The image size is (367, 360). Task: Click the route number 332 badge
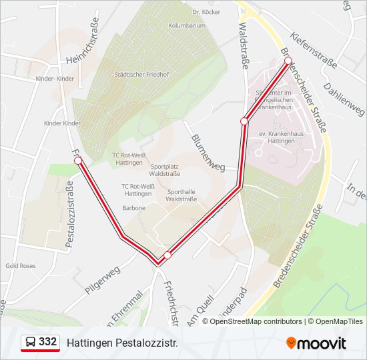40,343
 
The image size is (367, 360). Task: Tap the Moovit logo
316,343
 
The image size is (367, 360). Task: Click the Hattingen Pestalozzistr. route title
122,343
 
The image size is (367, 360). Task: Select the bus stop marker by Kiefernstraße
288,61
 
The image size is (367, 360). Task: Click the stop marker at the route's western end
78,161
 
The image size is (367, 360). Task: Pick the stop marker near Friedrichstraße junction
167,255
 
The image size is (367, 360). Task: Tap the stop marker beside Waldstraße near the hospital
244,121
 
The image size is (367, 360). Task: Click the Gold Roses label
20,265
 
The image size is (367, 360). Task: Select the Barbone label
133,207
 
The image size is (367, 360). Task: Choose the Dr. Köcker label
206,12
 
